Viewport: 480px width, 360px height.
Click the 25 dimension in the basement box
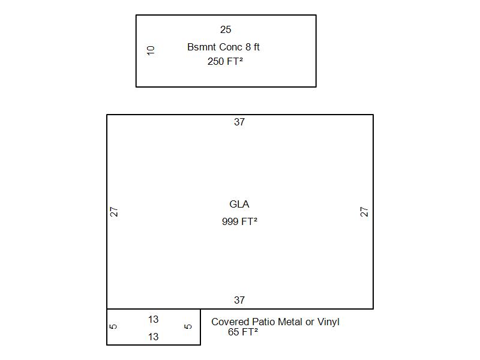tap(226, 29)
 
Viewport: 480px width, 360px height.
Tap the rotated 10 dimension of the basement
tap(151, 50)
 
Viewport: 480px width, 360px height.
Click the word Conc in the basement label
tap(231, 47)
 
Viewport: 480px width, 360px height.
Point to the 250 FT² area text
tap(225, 62)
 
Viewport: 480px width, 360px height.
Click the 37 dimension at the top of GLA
tap(239, 122)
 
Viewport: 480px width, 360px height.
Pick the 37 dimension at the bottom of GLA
tap(239, 300)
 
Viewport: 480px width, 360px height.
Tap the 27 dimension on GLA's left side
tap(114, 212)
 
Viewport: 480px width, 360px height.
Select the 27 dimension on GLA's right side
tap(364, 212)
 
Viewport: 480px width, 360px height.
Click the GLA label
tap(239, 204)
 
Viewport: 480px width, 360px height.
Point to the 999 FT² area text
tap(239, 221)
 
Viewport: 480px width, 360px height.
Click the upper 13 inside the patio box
tap(154, 320)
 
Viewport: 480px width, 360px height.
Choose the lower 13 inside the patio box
tap(154, 337)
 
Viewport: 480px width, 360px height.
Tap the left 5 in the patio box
tap(113, 326)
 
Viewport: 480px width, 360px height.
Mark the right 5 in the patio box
tap(188, 326)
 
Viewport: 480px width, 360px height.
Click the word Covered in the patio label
tap(230, 322)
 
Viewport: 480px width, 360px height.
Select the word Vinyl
tap(328, 322)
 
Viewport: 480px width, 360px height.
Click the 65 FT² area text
tap(243, 332)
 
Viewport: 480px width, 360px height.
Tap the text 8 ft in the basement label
tap(252, 47)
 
